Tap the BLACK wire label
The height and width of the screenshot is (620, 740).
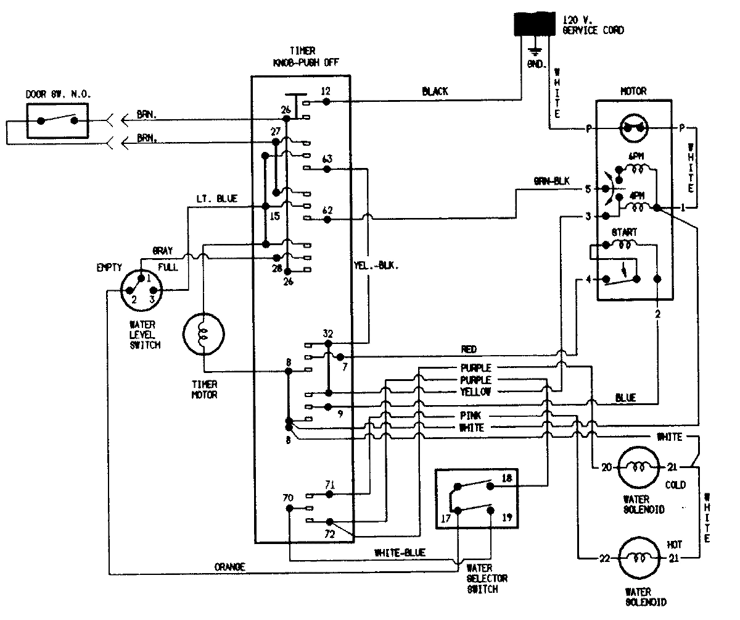point(435,91)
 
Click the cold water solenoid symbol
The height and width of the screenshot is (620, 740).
point(635,467)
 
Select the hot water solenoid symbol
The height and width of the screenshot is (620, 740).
point(635,558)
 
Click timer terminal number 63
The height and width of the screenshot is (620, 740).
point(327,159)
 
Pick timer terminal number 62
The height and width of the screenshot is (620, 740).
point(327,210)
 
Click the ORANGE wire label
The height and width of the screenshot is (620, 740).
point(230,566)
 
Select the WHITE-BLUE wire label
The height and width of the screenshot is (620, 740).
point(400,552)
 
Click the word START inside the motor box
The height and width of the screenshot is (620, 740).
point(625,232)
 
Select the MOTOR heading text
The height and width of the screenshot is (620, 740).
point(633,91)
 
